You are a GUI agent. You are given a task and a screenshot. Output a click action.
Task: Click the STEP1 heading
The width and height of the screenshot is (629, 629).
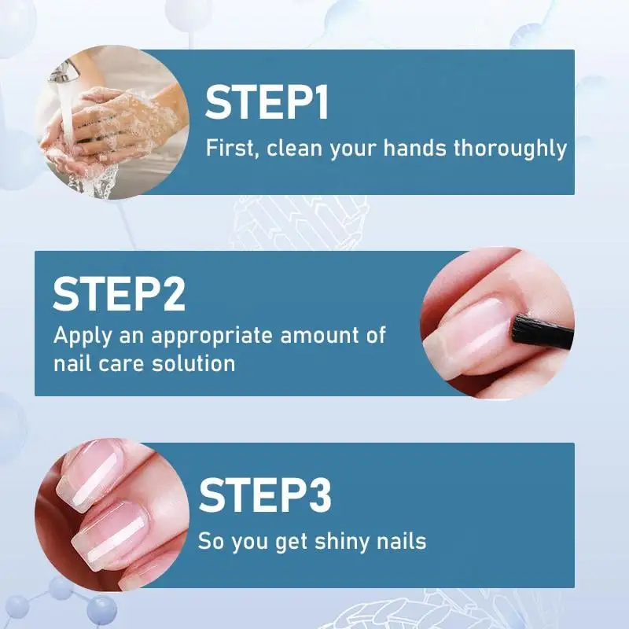tap(267, 103)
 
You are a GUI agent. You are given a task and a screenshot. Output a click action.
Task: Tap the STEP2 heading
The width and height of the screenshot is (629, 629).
tap(120, 293)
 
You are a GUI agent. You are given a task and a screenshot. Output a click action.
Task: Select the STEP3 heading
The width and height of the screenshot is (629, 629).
tap(265, 495)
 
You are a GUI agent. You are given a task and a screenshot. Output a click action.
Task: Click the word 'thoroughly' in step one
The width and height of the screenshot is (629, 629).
tap(509, 148)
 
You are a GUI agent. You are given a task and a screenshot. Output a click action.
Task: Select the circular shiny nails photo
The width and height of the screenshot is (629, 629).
tap(110, 515)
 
